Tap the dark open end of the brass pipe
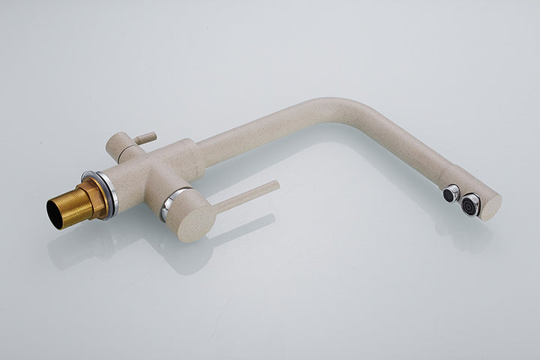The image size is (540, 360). click(55, 213)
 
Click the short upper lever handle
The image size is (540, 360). click(147, 137)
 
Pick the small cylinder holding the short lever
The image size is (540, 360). click(119, 145)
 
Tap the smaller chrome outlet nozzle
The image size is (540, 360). click(451, 193)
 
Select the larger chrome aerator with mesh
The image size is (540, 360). click(472, 204)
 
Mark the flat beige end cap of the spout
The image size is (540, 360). click(492, 206)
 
